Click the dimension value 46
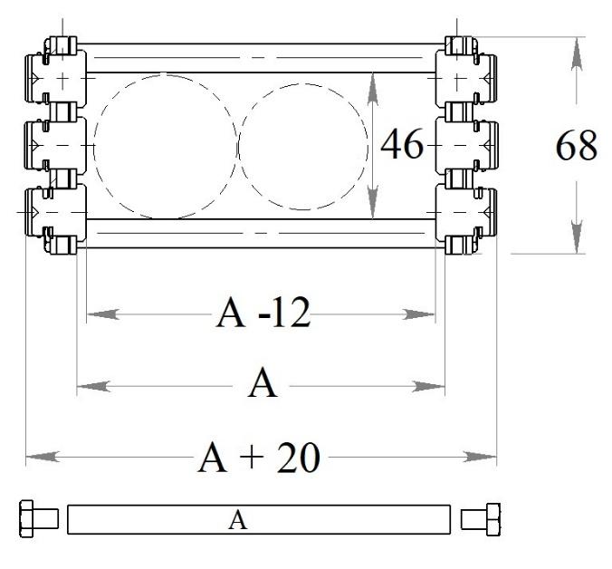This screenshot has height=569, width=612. click(402, 143)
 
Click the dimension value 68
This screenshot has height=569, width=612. click(576, 145)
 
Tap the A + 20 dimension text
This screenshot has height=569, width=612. click(259, 457)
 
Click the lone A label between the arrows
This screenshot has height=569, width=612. click(263, 383)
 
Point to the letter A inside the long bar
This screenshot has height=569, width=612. click(238, 520)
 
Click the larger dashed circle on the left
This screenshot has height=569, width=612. click(94, 146)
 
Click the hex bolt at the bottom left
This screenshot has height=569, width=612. click(39, 518)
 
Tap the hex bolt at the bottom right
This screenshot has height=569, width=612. click(481, 519)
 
